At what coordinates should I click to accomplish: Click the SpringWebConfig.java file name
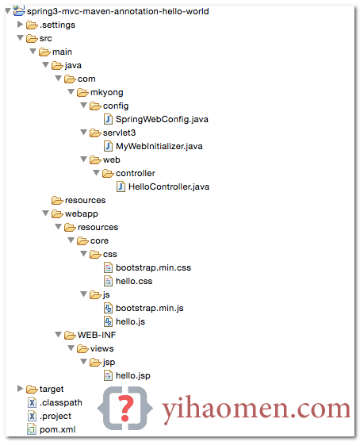tap(162, 119)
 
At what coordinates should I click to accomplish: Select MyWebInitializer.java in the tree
tap(159, 146)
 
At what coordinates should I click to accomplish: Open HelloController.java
tap(169, 187)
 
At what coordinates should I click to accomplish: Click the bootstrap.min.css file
tap(153, 267)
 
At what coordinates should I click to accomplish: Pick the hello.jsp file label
tap(133, 376)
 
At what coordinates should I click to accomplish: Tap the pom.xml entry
tap(57, 429)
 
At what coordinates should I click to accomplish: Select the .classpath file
tap(61, 402)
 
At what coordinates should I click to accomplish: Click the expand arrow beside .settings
tap(20, 25)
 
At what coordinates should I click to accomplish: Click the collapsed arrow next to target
tap(20, 389)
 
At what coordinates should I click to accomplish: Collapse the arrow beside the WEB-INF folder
tap(59, 335)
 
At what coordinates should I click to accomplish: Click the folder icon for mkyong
tap(82, 93)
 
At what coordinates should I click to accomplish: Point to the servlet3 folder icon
tap(95, 133)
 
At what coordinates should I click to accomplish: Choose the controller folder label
tap(136, 173)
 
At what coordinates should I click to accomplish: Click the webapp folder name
tap(82, 214)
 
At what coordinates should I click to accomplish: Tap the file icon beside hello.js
tap(108, 321)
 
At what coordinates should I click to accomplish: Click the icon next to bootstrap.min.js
tap(108, 308)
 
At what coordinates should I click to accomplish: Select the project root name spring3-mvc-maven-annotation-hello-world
tap(117, 12)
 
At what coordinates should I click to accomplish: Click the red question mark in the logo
tap(125, 408)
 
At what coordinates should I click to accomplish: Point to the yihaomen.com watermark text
tap(256, 409)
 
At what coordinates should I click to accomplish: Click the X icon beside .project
tap(32, 416)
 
